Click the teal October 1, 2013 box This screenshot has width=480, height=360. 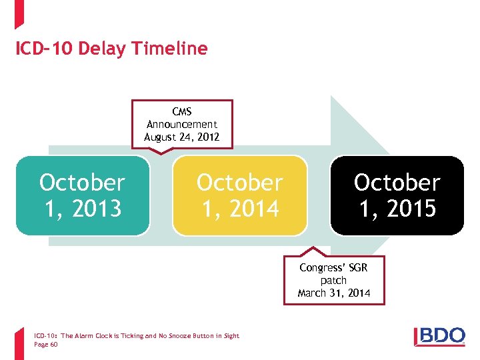pyautogui.click(x=83, y=195)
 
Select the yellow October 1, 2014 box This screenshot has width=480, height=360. pyautogui.click(x=240, y=195)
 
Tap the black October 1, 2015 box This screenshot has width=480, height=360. pyautogui.click(x=397, y=195)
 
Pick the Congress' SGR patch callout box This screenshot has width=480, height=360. pyautogui.click(x=333, y=280)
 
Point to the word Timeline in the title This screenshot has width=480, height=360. pyautogui.click(x=170, y=49)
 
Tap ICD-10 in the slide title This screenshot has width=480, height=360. pyautogui.click(x=45, y=49)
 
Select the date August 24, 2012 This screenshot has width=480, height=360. pyautogui.click(x=182, y=137)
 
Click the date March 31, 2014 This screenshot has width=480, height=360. pyautogui.click(x=333, y=293)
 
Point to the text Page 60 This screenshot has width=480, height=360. pyautogui.click(x=45, y=345)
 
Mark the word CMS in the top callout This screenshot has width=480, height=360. pyautogui.click(x=182, y=112)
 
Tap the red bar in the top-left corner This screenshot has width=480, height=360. pyautogui.click(x=19, y=13)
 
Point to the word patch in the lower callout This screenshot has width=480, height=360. pyautogui.click(x=333, y=281)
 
